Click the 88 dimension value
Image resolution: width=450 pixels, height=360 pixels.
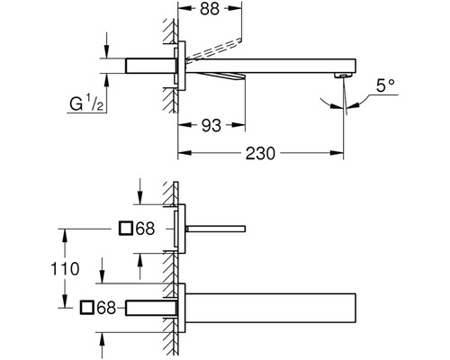[210, 9]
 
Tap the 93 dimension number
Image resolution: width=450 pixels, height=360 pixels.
[211, 125]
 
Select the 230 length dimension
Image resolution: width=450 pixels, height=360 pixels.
[260, 153]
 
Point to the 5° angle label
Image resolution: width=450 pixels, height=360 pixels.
[385, 85]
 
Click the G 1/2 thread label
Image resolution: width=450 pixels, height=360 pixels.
[86, 103]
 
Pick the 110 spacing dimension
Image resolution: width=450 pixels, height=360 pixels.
[65, 268]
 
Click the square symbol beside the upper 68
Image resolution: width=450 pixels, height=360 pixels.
[126, 229]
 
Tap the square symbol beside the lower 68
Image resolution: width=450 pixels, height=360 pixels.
[87, 308]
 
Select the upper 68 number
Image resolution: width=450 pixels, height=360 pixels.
[146, 229]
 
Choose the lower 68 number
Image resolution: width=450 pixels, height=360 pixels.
[106, 308]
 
